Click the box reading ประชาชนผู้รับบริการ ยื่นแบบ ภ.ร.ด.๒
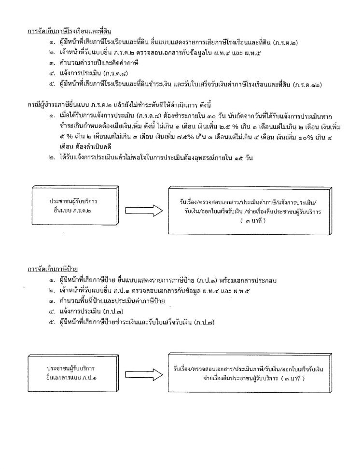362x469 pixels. pos(72,205)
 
